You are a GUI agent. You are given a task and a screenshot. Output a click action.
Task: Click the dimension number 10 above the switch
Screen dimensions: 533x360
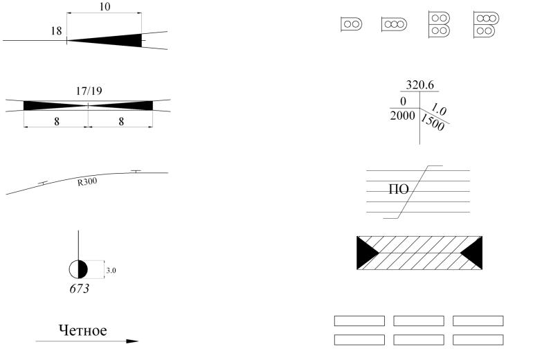point(105,6)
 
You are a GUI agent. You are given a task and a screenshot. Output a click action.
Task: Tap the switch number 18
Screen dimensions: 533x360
point(57,31)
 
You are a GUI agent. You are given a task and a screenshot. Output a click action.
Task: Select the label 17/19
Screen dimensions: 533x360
point(89,91)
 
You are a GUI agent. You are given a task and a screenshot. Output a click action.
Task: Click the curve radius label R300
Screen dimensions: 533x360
point(87,182)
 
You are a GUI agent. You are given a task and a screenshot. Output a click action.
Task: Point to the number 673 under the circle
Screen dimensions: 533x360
point(79,288)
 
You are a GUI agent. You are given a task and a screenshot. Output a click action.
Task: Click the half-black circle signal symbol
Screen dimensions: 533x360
point(78,269)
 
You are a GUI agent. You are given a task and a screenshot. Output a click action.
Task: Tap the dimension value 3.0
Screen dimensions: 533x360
point(111,271)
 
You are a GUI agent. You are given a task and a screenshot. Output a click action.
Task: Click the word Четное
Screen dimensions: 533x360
point(82,330)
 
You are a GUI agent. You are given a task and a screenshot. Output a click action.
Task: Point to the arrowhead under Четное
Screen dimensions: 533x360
point(132,341)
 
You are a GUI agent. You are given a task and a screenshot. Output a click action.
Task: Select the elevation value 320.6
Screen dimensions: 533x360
point(419,84)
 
